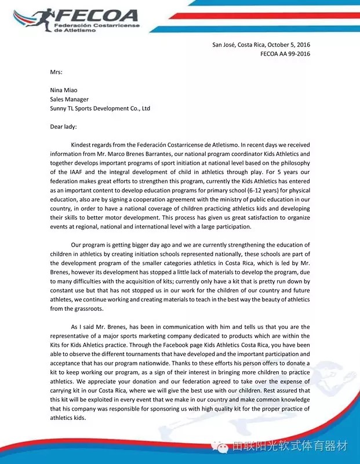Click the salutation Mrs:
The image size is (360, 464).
[x=56, y=72]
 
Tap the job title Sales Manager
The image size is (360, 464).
[x=69, y=99]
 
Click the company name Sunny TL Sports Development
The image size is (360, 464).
[x=100, y=108]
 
